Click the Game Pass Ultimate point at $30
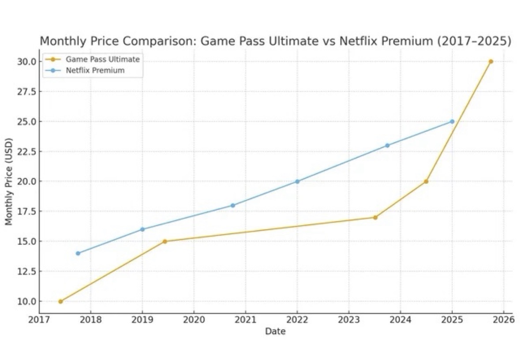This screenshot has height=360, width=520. pyautogui.click(x=490, y=61)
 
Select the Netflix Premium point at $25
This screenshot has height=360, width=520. pyautogui.click(x=452, y=121)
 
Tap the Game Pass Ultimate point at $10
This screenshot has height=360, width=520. pyautogui.click(x=60, y=301)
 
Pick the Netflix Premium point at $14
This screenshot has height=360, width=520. pyautogui.click(x=78, y=253)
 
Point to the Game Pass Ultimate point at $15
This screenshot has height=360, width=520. pyautogui.click(x=165, y=241)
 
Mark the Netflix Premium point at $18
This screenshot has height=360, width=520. pyautogui.click(x=233, y=205)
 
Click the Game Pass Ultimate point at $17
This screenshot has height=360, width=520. pyautogui.click(x=375, y=217)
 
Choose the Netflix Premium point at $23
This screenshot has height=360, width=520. pyautogui.click(x=387, y=145)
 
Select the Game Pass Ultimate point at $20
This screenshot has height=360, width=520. pyautogui.click(x=426, y=181)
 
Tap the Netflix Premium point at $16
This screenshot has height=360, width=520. pyautogui.click(x=142, y=229)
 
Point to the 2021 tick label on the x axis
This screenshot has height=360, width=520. pyautogui.click(x=245, y=319)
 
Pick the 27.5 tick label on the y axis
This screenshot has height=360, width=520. pyautogui.click(x=26, y=92)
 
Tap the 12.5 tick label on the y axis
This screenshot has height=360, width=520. pyautogui.click(x=26, y=271)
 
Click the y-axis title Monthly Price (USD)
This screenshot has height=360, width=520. pyautogui.click(x=9, y=181)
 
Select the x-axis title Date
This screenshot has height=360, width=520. pyautogui.click(x=275, y=331)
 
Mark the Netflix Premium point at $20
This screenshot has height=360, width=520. pyautogui.click(x=297, y=181)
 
